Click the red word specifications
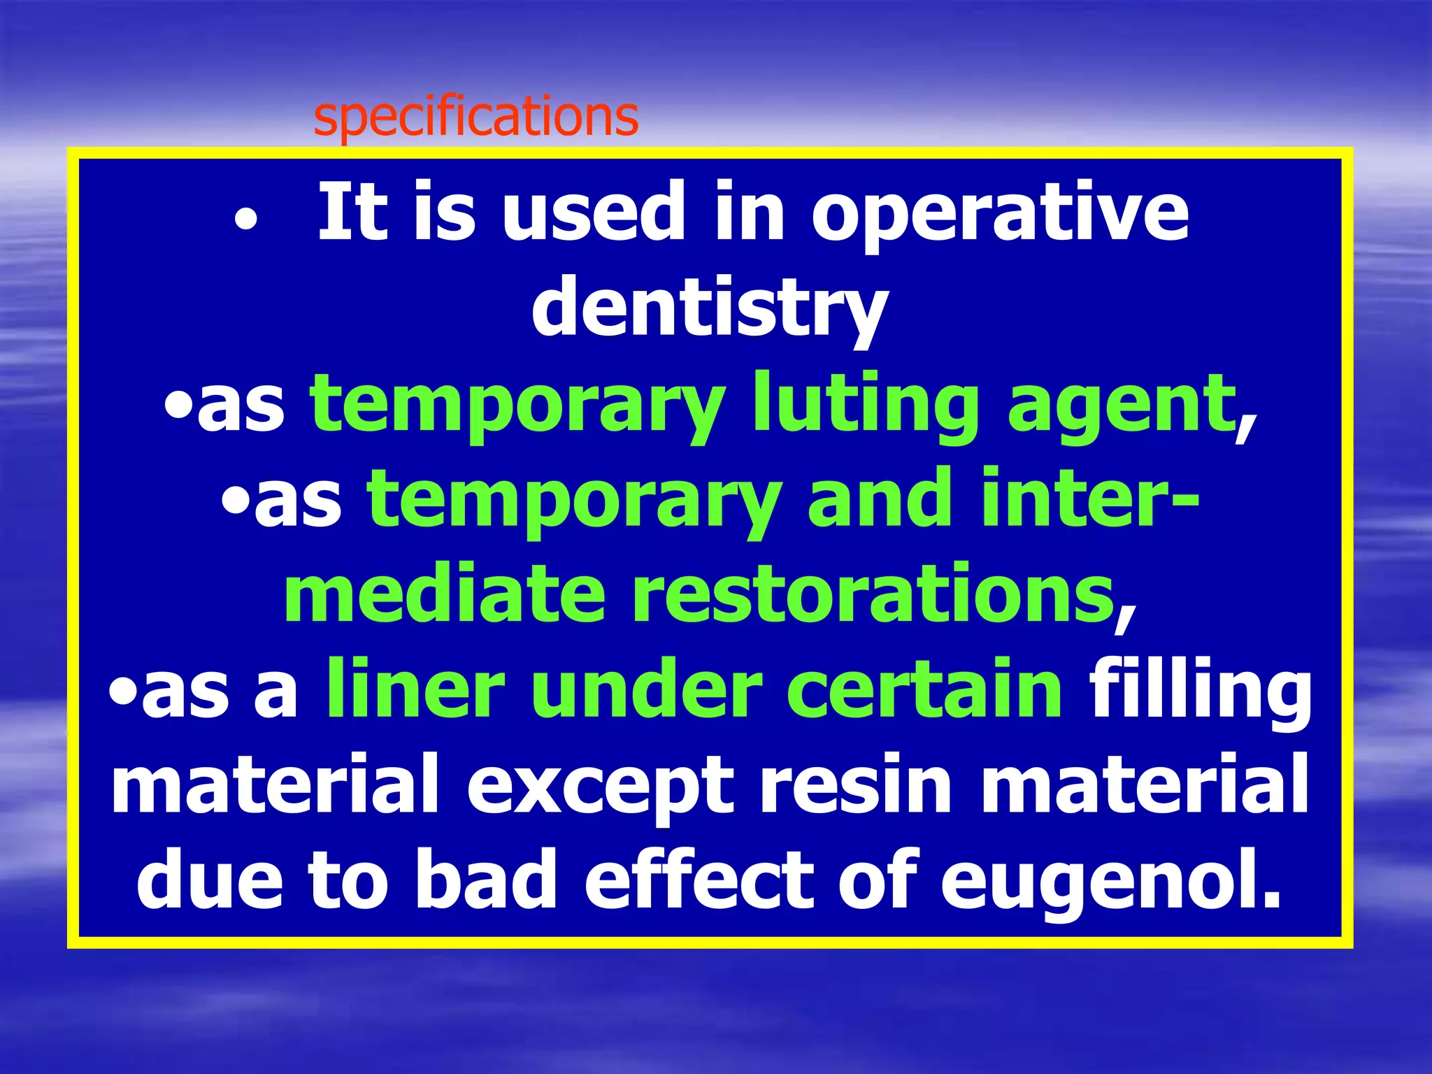[475, 117]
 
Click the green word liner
[415, 689]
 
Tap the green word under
[647, 689]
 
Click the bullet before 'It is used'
[246, 221]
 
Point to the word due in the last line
[210, 880]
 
